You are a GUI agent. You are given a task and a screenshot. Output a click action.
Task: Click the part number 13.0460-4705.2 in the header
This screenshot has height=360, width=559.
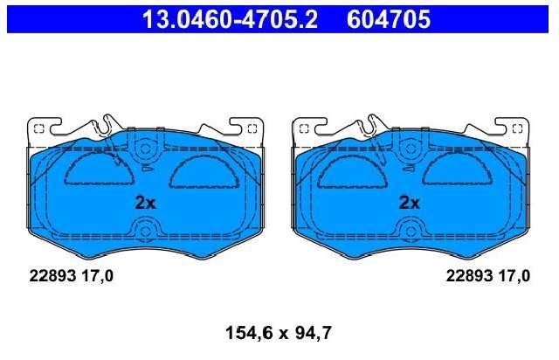(x=230, y=19)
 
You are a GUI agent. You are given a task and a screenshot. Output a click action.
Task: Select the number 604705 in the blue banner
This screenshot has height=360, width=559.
(x=389, y=19)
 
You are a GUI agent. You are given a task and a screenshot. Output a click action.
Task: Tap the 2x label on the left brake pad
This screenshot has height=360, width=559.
(x=146, y=203)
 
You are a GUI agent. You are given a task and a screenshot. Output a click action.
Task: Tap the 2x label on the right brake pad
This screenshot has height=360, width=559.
(x=410, y=203)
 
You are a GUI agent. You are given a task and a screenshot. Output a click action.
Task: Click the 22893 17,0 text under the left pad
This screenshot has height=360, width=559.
(x=72, y=276)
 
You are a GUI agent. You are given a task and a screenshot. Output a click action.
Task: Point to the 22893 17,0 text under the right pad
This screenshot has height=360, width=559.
(x=488, y=276)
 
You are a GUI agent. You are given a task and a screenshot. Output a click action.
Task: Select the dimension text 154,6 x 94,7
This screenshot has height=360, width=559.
(x=279, y=333)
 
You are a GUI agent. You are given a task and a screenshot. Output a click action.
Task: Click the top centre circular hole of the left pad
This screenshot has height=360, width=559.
(x=145, y=148)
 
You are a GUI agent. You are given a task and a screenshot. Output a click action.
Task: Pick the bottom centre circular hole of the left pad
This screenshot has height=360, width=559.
(x=145, y=231)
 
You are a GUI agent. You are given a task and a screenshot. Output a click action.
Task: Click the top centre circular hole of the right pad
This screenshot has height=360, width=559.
(x=410, y=148)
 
